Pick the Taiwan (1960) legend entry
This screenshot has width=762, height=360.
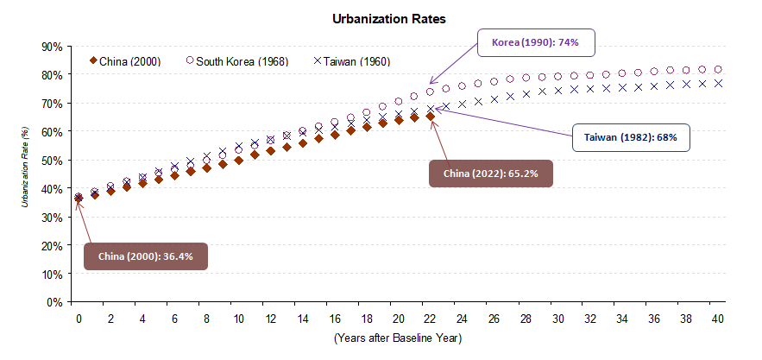[x=353, y=61]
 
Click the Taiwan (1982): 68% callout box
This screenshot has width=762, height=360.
[x=630, y=136]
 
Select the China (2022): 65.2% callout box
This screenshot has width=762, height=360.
[x=490, y=174]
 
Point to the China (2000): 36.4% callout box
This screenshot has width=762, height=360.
[x=145, y=256]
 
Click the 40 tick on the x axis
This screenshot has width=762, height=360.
[x=717, y=319]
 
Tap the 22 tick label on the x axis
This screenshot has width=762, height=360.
[x=430, y=319]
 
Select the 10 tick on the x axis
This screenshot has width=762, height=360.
[x=238, y=319]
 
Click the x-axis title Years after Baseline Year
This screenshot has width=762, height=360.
[x=397, y=338]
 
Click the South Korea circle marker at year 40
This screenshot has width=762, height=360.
[x=717, y=69]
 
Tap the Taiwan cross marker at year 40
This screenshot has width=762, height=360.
[x=717, y=84]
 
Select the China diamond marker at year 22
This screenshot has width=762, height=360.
[x=430, y=117]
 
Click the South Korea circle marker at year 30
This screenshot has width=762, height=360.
[x=557, y=77]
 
